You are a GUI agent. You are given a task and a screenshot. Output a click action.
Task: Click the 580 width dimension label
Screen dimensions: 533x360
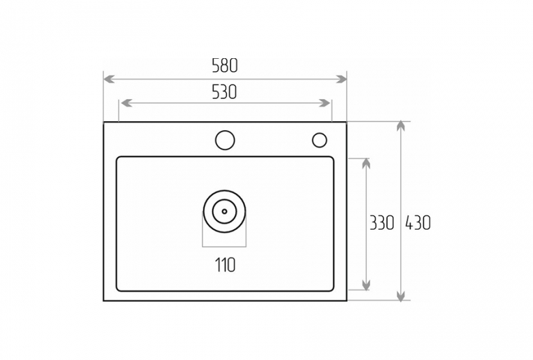pyautogui.click(x=225, y=66)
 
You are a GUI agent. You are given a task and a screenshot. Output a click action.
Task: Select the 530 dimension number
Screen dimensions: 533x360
pyautogui.click(x=224, y=92)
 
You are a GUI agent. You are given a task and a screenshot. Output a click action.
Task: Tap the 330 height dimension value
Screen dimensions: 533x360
pyautogui.click(x=381, y=223)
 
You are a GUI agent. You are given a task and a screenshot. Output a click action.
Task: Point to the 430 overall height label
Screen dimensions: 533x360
pyautogui.click(x=418, y=223)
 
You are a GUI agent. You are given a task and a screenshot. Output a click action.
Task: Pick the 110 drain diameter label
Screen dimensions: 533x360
pyautogui.click(x=225, y=265)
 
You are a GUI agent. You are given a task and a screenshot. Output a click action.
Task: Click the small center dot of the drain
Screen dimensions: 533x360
pyautogui.click(x=224, y=211)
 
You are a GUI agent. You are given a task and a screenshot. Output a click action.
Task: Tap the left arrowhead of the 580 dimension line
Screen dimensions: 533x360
pyautogui.click(x=109, y=79)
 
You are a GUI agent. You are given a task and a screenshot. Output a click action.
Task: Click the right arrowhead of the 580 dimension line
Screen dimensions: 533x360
pyautogui.click(x=341, y=79)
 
